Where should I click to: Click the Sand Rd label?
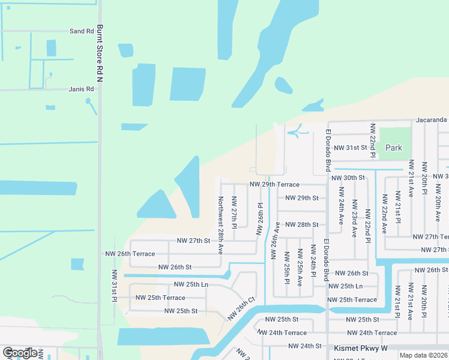pyautogui.click(x=82, y=31)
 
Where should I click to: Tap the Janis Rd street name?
pyautogui.click(x=82, y=89)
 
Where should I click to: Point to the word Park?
pyautogui.click(x=394, y=148)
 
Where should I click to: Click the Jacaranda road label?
pyautogui.click(x=430, y=120)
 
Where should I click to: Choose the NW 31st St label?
pyautogui.click(x=350, y=148)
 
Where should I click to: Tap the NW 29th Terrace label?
pyautogui.click(x=274, y=185)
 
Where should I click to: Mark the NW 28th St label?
pyautogui.click(x=301, y=224)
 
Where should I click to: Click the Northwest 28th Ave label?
pyautogui.click(x=220, y=225)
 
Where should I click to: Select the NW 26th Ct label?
pyautogui.click(x=242, y=308)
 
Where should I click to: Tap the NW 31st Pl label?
pyautogui.click(x=113, y=286)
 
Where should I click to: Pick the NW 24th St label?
pyautogui.click(x=306, y=346)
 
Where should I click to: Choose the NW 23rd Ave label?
pyautogui.click(x=355, y=219)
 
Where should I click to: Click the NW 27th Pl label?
pyautogui.click(x=234, y=212)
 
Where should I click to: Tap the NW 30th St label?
pyautogui.click(x=348, y=178)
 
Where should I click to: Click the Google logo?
pyautogui.click(x=20, y=353)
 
